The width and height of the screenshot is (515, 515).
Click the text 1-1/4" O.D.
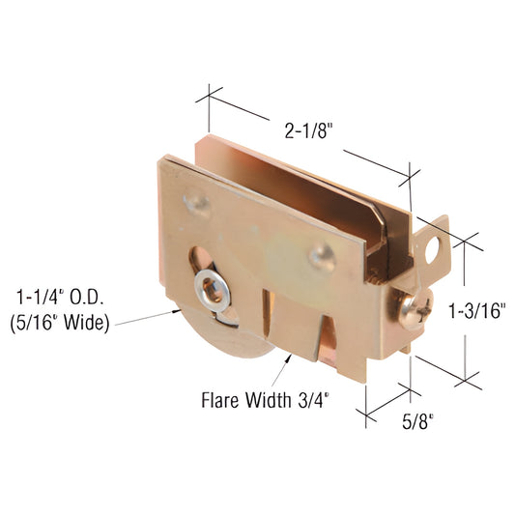57,297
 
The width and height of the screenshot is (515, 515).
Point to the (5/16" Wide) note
58,321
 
